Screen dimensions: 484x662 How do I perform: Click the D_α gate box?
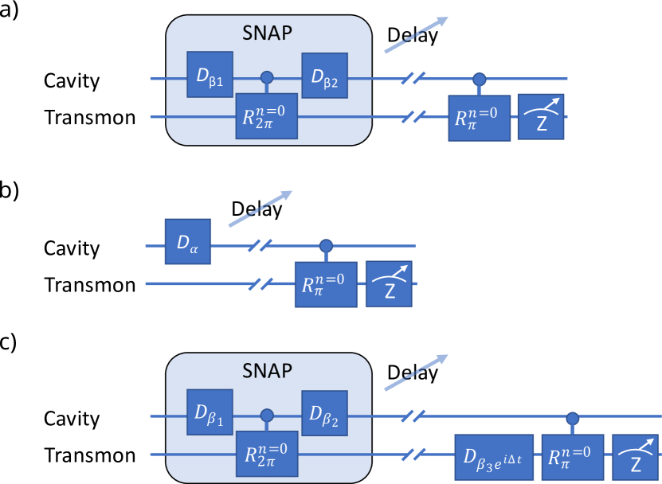pos(188,241)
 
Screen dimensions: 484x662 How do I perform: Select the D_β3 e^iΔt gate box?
pos(494,457)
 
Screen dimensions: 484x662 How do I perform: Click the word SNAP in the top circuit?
pos(268,33)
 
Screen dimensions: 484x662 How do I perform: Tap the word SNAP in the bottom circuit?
pos(268,370)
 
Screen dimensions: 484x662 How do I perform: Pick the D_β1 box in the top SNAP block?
pos(210,75)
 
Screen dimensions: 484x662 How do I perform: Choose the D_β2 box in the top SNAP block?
pos(324,76)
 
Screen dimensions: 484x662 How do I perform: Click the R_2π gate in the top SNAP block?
pos(266,115)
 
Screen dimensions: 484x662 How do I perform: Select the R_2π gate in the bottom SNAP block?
pos(266,455)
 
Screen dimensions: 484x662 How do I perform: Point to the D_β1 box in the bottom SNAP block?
pos(210,412)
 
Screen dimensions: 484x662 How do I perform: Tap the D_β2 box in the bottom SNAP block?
pos(324,413)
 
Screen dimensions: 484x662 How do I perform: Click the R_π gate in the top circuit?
pos(480,118)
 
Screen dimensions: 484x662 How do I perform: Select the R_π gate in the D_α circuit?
pos(326,284)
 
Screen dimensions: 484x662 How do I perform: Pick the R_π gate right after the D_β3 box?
pos(572,457)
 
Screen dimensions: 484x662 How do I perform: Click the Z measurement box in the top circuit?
pos(541,117)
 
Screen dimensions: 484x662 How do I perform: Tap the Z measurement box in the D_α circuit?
pos(389,284)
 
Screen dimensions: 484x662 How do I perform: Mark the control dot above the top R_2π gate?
pos(268,77)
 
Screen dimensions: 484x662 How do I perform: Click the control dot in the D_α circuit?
pos(325,245)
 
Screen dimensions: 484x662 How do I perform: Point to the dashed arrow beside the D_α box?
pos(260,209)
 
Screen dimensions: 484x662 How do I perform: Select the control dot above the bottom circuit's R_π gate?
pos(572,417)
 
